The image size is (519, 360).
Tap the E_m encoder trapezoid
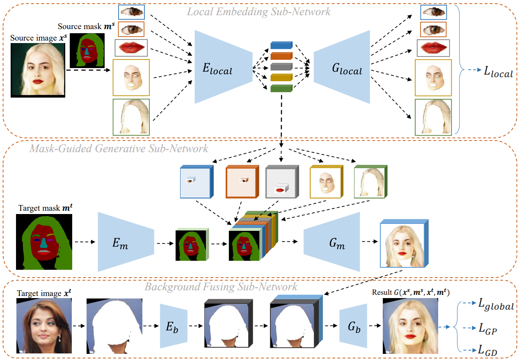pyautogui.click(x=123, y=242)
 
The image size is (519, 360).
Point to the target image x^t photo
pyautogui.click(x=44, y=326)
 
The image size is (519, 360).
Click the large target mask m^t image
pyautogui.click(x=44, y=242)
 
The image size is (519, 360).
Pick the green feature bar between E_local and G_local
pyautogui.click(x=281, y=88)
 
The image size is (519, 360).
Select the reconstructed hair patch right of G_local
pyautogui.click(x=433, y=116)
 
